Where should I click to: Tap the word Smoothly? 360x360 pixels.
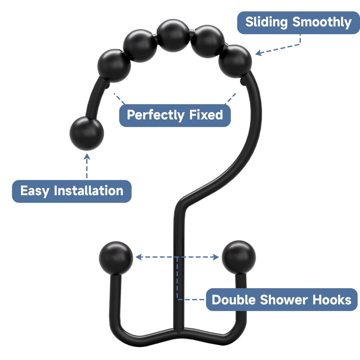click(x=322, y=22)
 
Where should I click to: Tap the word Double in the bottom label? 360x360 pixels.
click(x=233, y=300)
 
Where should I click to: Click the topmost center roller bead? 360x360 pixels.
click(x=173, y=36)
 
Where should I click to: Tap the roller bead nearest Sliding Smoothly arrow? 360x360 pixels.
click(x=235, y=62)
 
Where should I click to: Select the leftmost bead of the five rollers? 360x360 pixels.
click(x=114, y=66)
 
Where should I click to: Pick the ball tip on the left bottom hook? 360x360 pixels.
click(x=116, y=258)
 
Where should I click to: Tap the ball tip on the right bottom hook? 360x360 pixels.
click(x=239, y=257)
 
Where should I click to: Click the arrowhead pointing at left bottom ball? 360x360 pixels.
click(x=138, y=257)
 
